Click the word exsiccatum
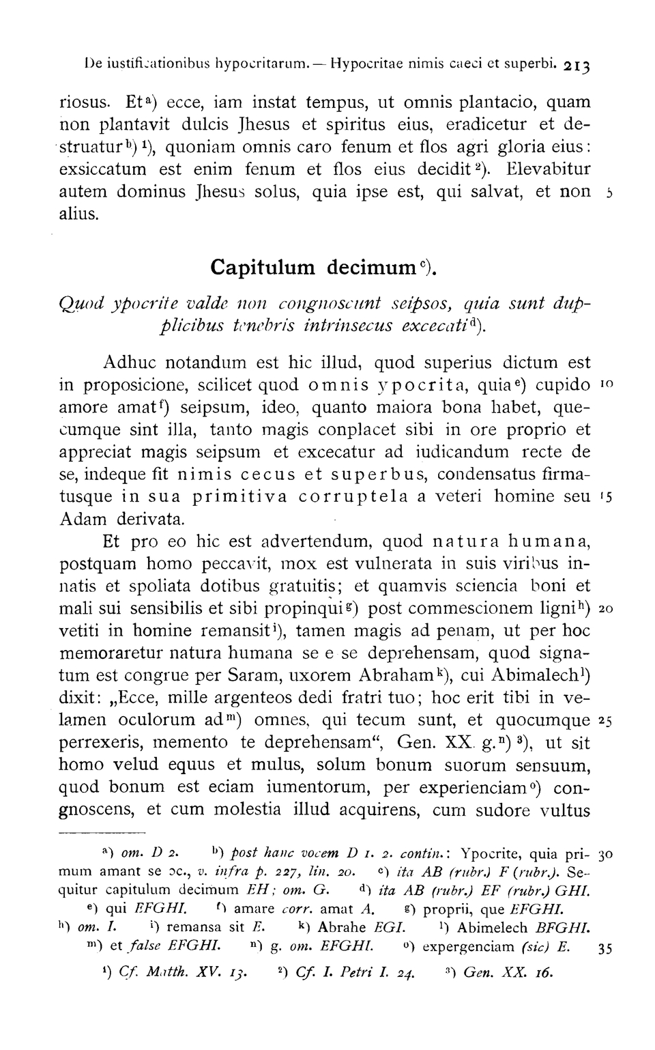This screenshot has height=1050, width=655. click(x=103, y=169)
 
